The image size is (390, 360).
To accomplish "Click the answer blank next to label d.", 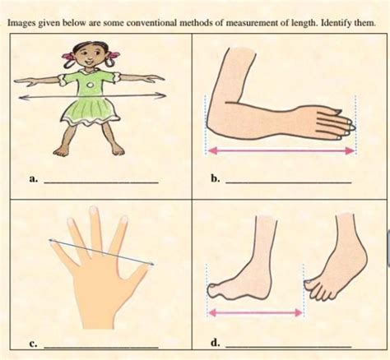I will pos(288,347).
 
